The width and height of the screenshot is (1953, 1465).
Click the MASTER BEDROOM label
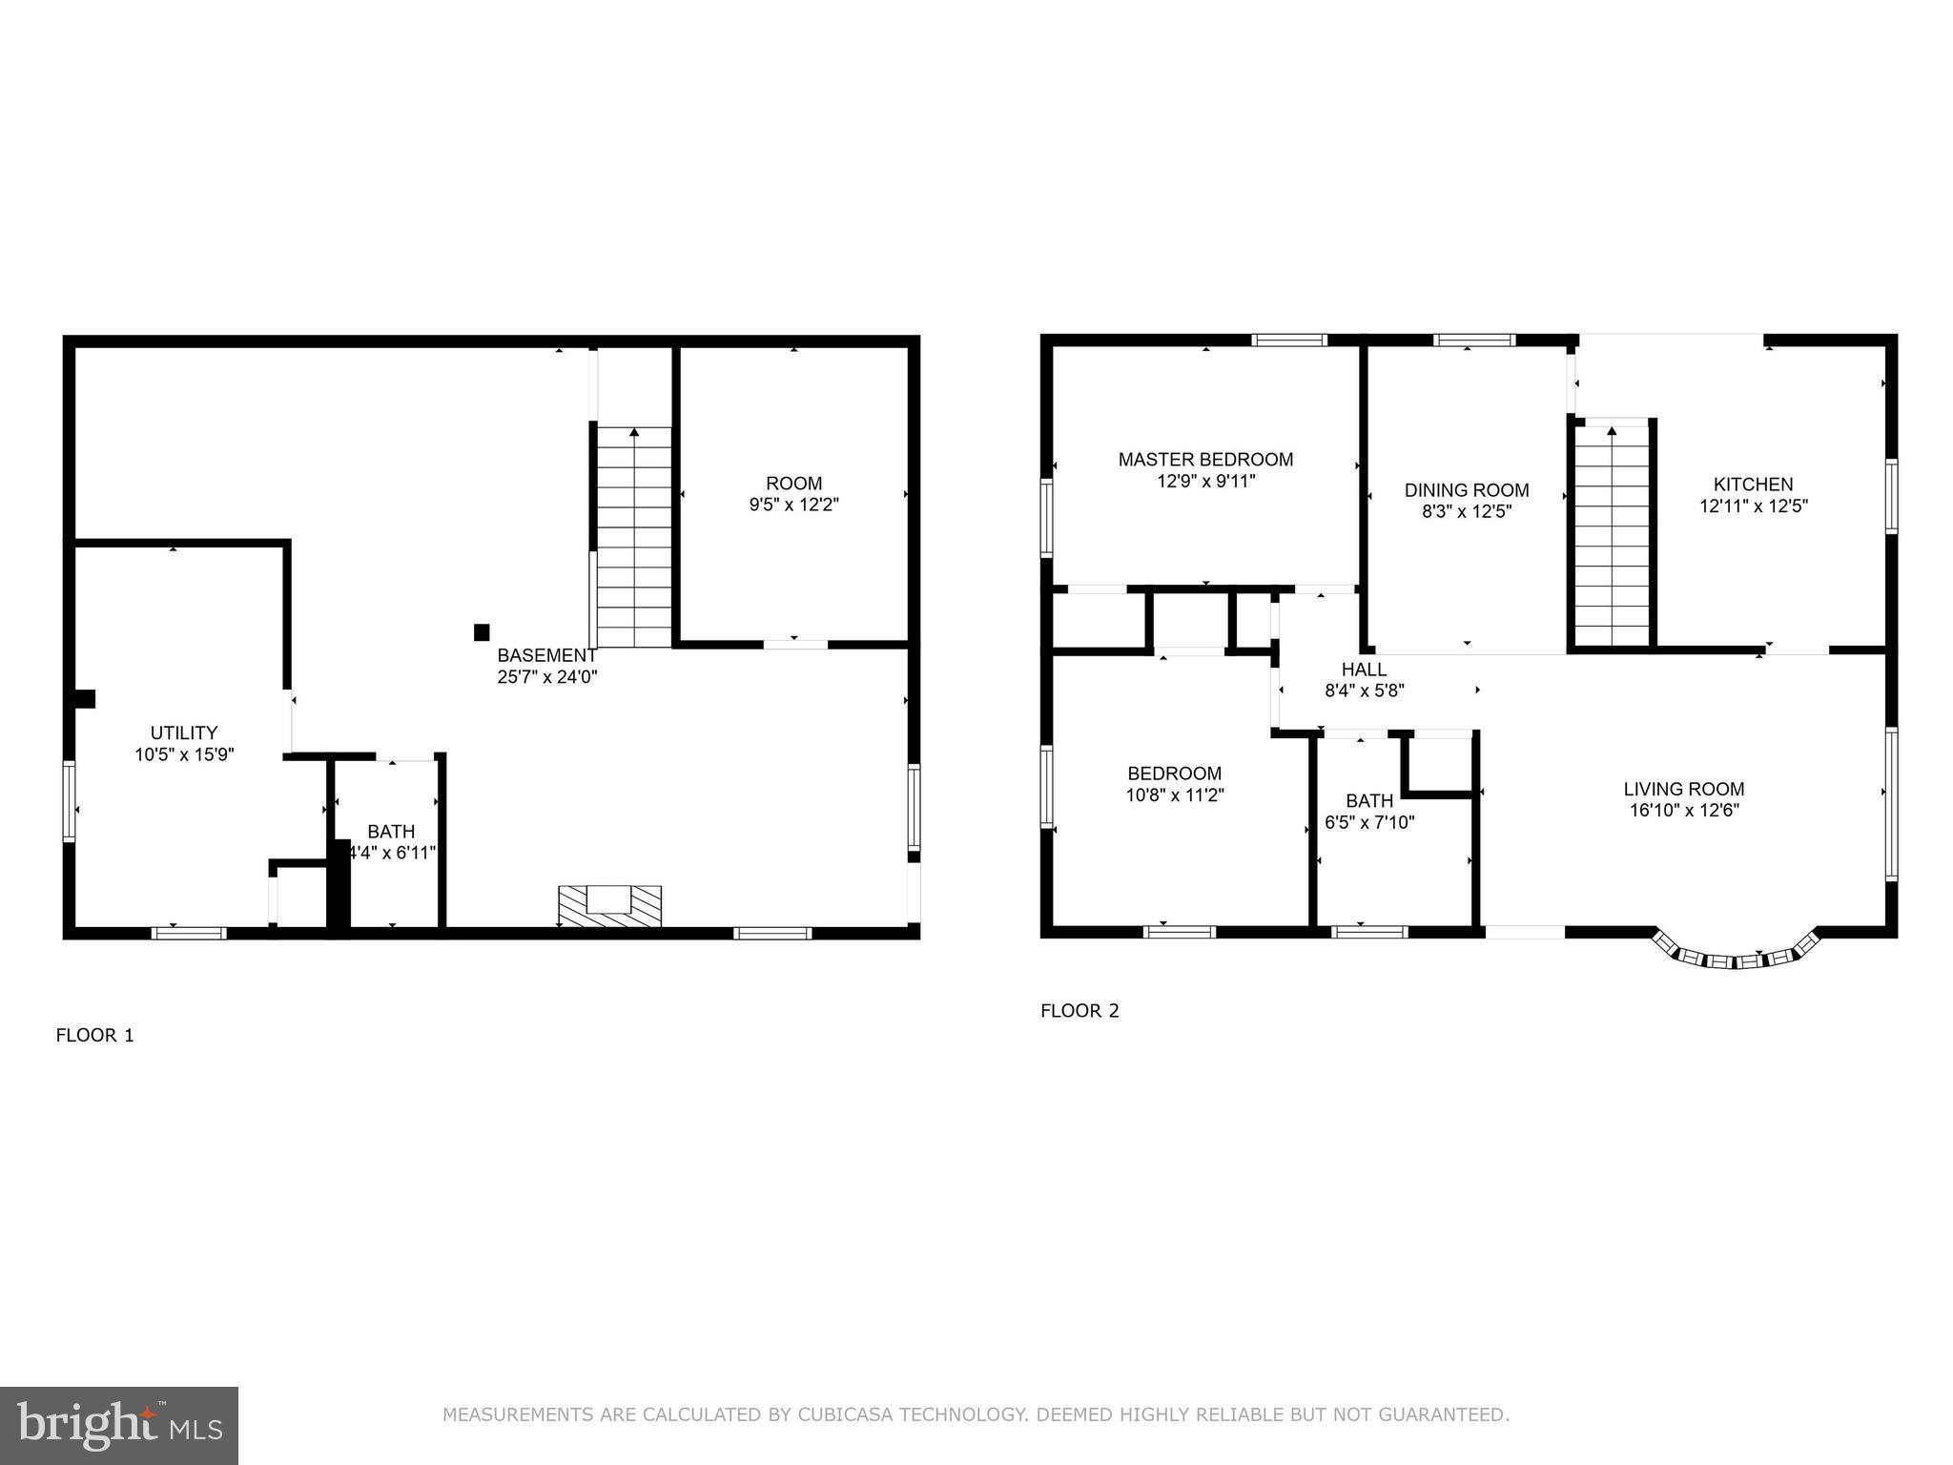[x=1205, y=460]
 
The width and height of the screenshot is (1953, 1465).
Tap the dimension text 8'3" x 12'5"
[x=1467, y=511]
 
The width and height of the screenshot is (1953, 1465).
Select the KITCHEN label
[x=1753, y=485]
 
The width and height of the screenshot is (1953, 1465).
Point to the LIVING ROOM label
[x=1684, y=789]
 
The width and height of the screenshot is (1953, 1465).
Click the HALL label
[x=1364, y=670]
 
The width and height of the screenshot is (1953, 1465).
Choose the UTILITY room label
[x=184, y=732]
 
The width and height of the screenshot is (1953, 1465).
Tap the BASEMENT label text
[x=546, y=655]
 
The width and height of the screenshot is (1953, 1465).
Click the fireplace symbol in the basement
[x=609, y=905]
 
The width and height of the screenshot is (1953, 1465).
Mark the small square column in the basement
[x=482, y=631]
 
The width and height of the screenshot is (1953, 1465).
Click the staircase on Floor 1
[x=634, y=539]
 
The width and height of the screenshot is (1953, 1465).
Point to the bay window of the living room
[x=1736, y=957]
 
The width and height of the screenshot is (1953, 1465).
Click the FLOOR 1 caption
[x=95, y=1035]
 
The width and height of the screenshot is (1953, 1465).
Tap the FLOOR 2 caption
[x=1079, y=1011]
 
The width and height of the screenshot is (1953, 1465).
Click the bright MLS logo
[x=118, y=1425]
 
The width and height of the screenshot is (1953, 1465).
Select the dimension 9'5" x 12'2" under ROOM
[x=793, y=505]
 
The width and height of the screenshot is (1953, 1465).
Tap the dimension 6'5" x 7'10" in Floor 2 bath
[x=1369, y=822]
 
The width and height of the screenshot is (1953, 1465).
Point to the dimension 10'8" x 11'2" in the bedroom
[x=1175, y=794]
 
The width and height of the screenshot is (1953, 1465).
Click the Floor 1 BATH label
[x=391, y=832]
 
